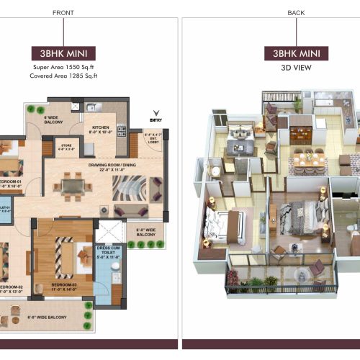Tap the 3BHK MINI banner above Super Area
pyautogui.click(x=63, y=53)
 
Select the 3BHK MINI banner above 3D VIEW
pyautogui.click(x=296, y=53)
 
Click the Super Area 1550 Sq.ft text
pyautogui.click(x=63, y=67)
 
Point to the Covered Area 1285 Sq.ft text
pyautogui.click(x=63, y=76)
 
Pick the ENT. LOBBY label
pyautogui.click(x=155, y=138)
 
